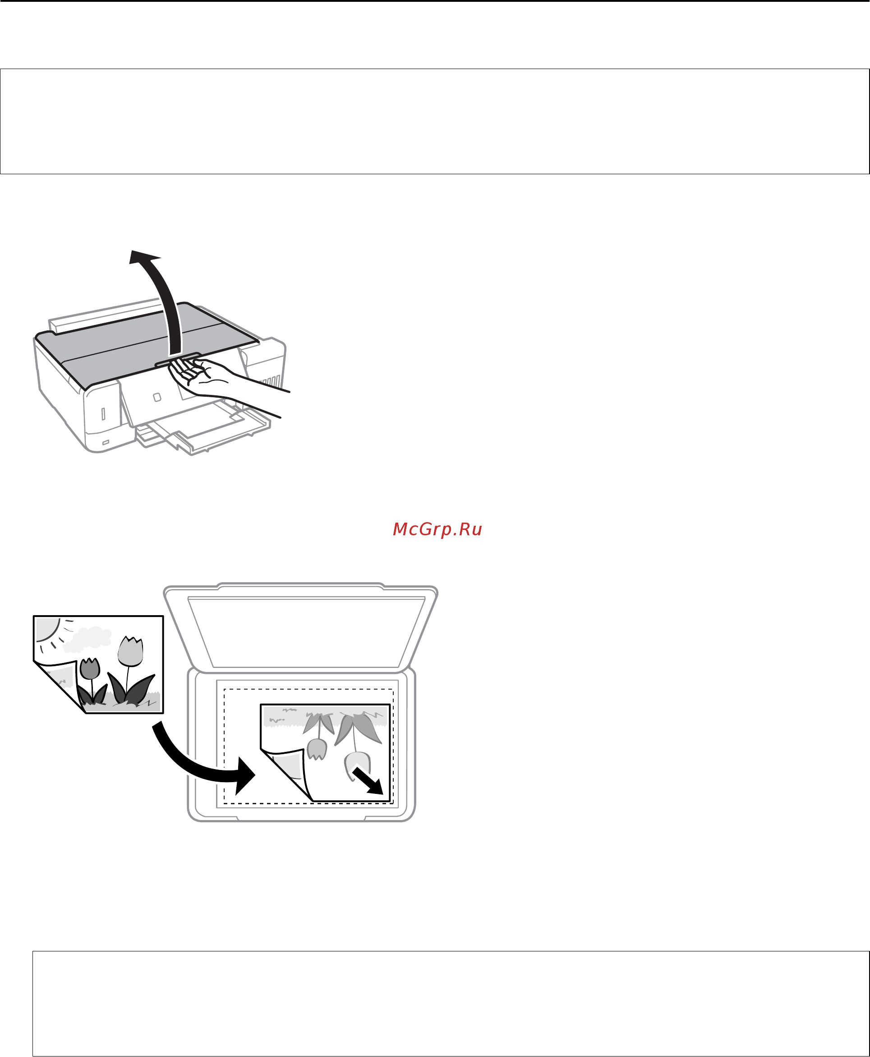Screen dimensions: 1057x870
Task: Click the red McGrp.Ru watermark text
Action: [437, 529]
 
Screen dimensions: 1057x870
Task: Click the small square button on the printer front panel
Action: [157, 397]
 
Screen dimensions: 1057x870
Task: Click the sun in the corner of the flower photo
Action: [46, 629]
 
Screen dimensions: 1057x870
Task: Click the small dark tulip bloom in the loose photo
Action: [90, 668]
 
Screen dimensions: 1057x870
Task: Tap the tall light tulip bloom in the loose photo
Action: [131, 651]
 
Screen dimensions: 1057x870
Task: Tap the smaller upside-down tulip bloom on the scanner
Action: [317, 749]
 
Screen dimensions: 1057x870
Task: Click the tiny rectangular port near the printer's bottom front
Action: [106, 442]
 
